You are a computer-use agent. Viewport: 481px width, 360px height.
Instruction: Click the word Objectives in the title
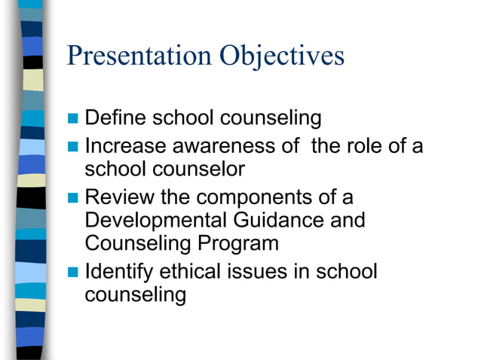282,56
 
